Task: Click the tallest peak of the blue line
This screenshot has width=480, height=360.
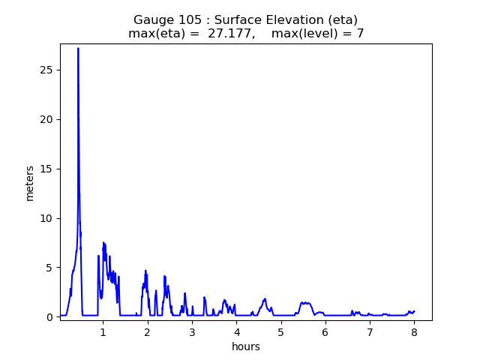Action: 78,49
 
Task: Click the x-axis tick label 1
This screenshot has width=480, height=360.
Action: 103,332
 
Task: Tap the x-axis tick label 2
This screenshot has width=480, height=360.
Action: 148,332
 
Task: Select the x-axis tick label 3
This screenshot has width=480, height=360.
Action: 192,332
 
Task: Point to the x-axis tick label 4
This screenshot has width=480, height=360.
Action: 236,332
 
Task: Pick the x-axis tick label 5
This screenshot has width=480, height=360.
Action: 280,332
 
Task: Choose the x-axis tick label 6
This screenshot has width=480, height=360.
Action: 325,332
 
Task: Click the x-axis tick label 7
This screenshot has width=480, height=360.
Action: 370,332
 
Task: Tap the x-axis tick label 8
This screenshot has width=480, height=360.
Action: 414,332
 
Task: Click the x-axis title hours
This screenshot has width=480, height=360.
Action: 246,346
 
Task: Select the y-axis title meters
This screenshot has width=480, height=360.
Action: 30,182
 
